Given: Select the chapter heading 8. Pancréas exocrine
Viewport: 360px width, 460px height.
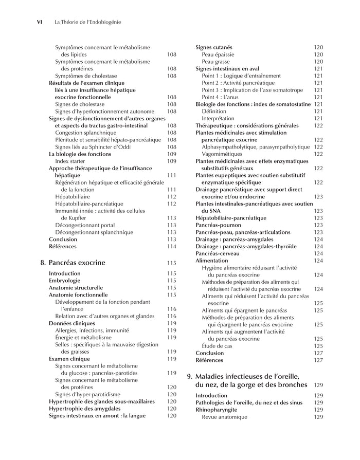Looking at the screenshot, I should [x=73, y=263].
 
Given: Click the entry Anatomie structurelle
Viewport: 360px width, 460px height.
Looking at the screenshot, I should [x=76, y=288].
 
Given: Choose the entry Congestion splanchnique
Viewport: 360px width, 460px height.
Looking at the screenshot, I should [x=86, y=133].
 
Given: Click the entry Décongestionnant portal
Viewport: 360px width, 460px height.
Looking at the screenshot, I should [x=86, y=225].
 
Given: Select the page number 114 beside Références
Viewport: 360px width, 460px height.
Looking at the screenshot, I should [x=171, y=247].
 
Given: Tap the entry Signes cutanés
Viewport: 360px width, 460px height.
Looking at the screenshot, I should [x=213, y=47].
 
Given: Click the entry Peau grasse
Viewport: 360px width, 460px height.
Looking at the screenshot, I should [x=215, y=62].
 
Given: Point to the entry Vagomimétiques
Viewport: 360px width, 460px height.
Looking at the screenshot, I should [x=223, y=154].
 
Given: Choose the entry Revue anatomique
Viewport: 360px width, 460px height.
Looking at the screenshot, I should [x=224, y=417].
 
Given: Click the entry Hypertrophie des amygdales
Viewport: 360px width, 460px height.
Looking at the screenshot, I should [x=85, y=409].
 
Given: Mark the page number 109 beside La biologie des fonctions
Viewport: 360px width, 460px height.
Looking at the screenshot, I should [x=171, y=154].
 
